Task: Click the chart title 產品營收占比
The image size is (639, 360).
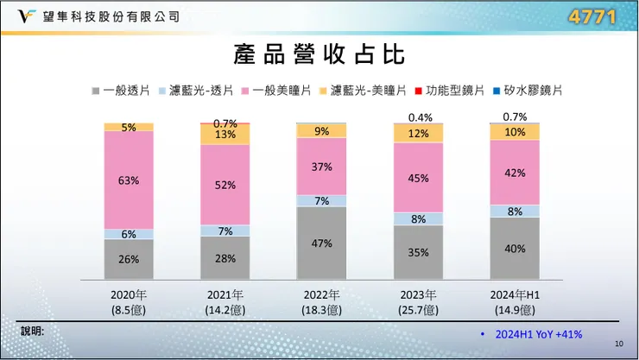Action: (x=319, y=54)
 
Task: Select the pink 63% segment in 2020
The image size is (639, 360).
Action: (x=129, y=180)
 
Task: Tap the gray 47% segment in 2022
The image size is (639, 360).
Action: (x=322, y=243)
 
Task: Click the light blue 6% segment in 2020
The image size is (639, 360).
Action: (x=129, y=234)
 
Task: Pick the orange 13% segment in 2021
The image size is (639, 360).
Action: (x=225, y=135)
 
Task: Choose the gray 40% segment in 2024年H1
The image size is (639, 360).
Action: (x=516, y=249)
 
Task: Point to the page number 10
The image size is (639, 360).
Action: (x=619, y=344)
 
